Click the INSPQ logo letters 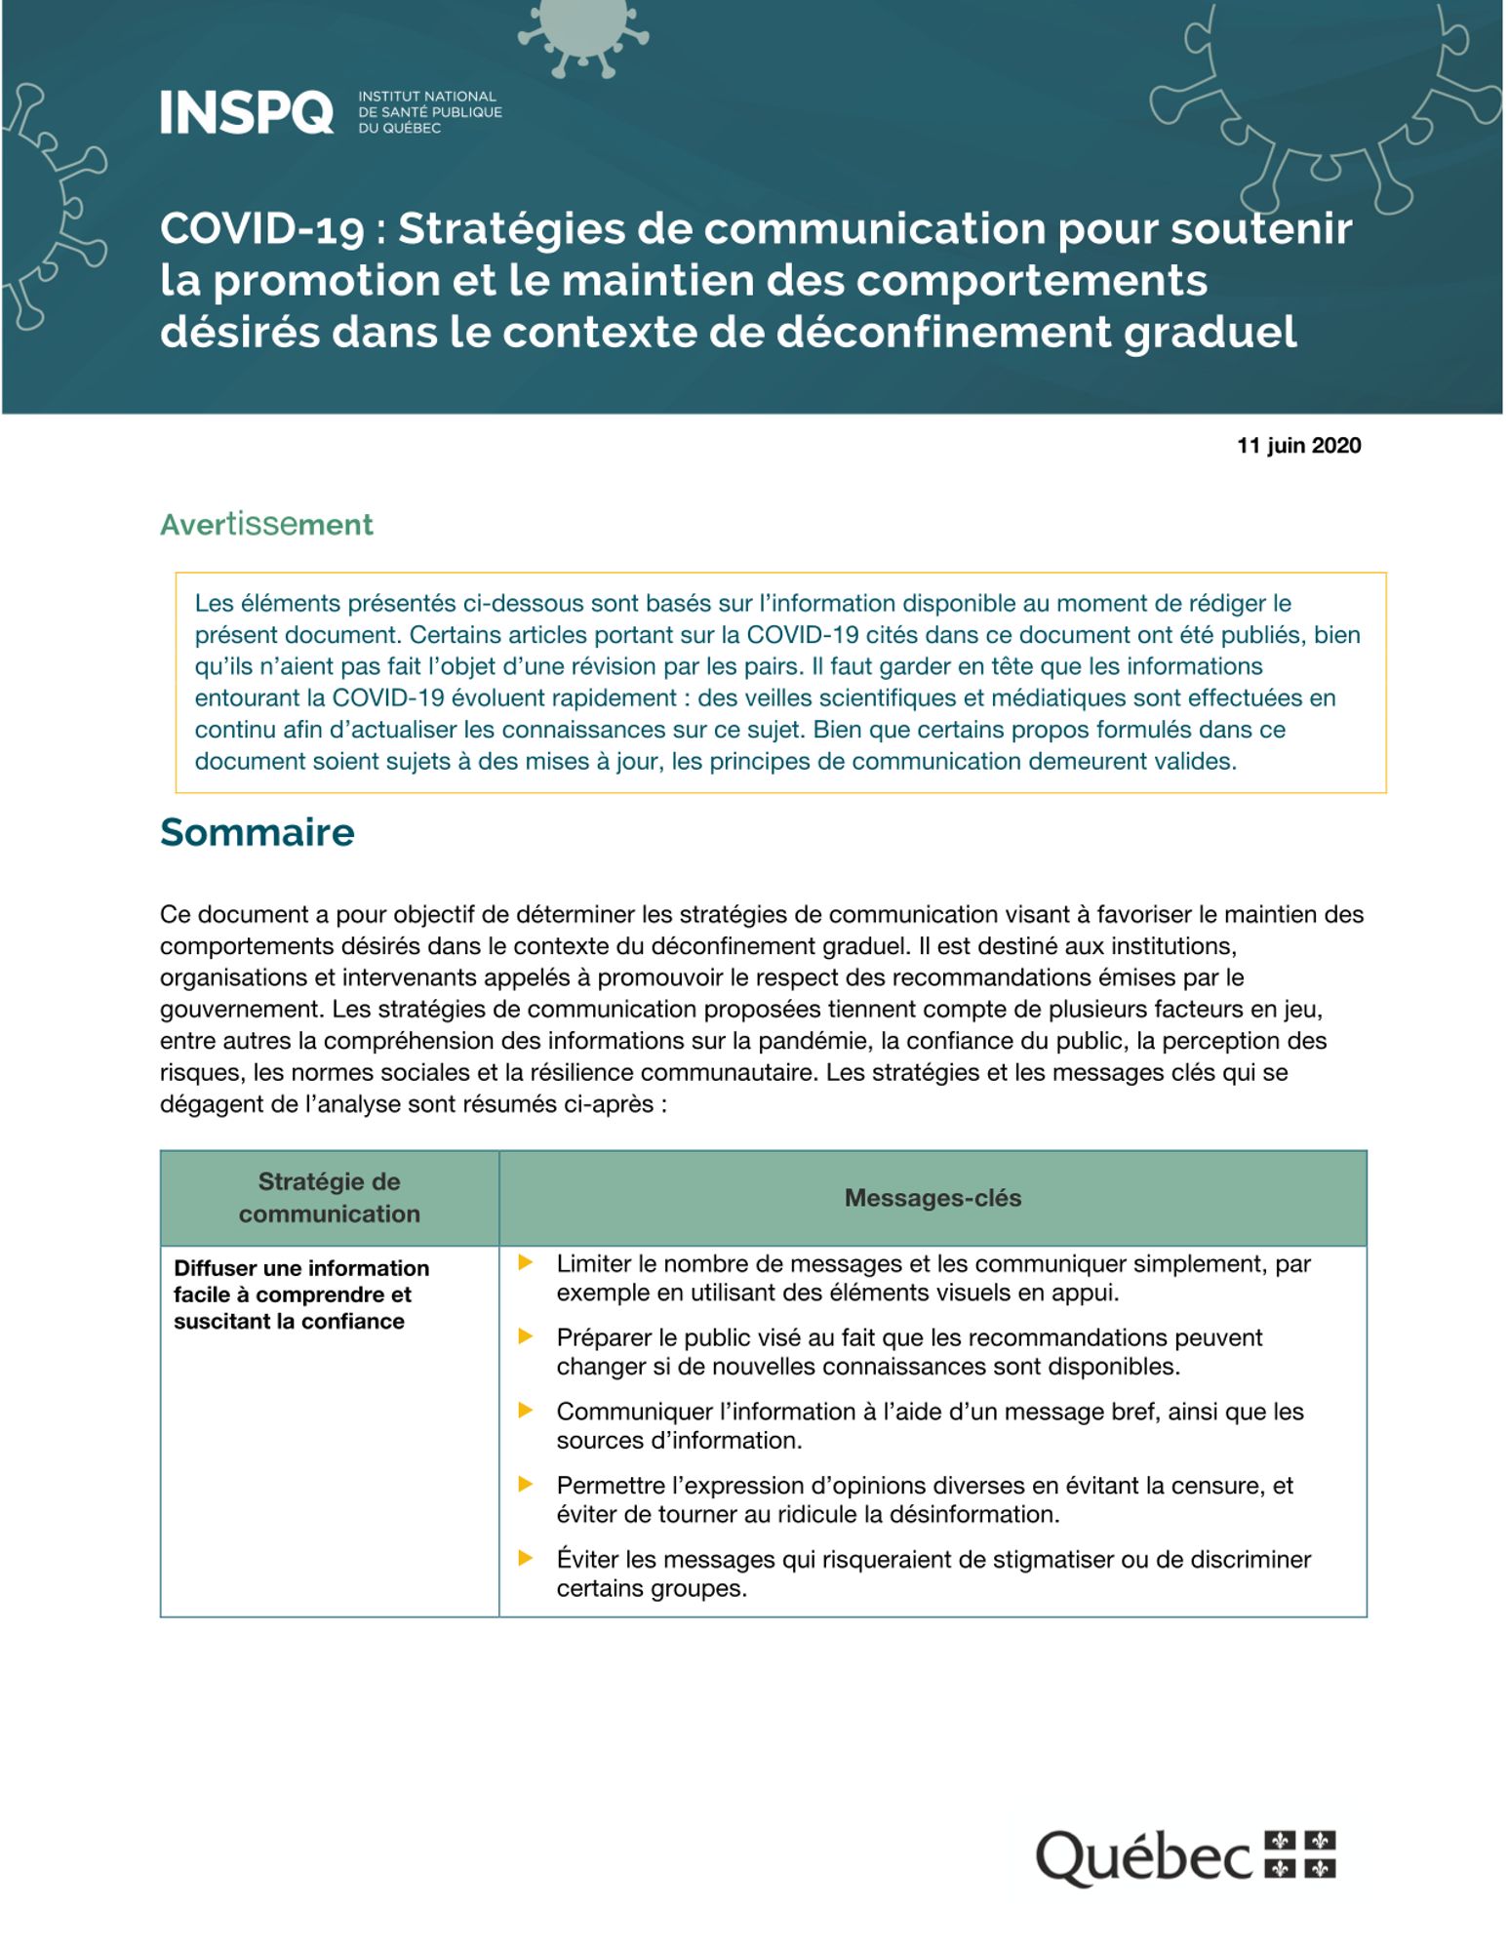click(x=247, y=112)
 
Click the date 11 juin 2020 click(x=1298, y=446)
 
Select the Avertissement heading click(x=266, y=525)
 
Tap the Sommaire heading click(x=257, y=832)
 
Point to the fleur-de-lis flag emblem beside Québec click(x=1300, y=1854)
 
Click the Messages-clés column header click(x=933, y=1198)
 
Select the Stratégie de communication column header click(x=330, y=1198)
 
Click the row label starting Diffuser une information click(x=300, y=1294)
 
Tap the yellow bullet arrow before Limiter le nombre click(x=526, y=1263)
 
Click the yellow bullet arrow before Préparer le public click(x=526, y=1337)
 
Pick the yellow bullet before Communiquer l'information click(x=526, y=1411)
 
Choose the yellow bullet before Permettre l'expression click(x=526, y=1485)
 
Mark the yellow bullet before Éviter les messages click(x=526, y=1559)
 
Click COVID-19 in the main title click(x=262, y=229)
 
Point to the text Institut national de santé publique click(x=429, y=112)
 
